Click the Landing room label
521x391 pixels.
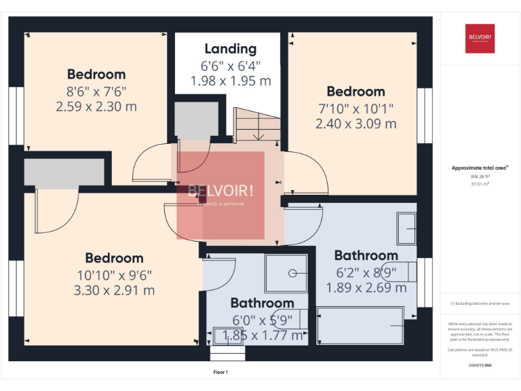coord(231,49)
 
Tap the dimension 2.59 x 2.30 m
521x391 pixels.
coord(96,107)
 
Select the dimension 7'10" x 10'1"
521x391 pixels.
coord(355,108)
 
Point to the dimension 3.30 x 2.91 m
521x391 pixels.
coord(114,291)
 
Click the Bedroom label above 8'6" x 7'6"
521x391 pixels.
coord(96,74)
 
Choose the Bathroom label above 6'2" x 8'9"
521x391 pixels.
coord(366,255)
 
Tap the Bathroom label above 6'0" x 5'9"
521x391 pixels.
coord(262,303)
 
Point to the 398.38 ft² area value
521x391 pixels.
coord(480,176)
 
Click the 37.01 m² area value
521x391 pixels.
coord(480,184)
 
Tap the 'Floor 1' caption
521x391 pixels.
coord(220,372)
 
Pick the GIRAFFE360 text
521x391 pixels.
coord(480,366)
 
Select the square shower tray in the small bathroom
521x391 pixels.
coord(286,273)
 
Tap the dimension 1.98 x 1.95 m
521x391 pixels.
coord(231,81)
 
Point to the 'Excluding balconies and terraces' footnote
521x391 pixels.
coord(480,303)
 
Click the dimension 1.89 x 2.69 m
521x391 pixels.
coord(366,287)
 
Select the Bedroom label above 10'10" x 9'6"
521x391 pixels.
coord(114,258)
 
